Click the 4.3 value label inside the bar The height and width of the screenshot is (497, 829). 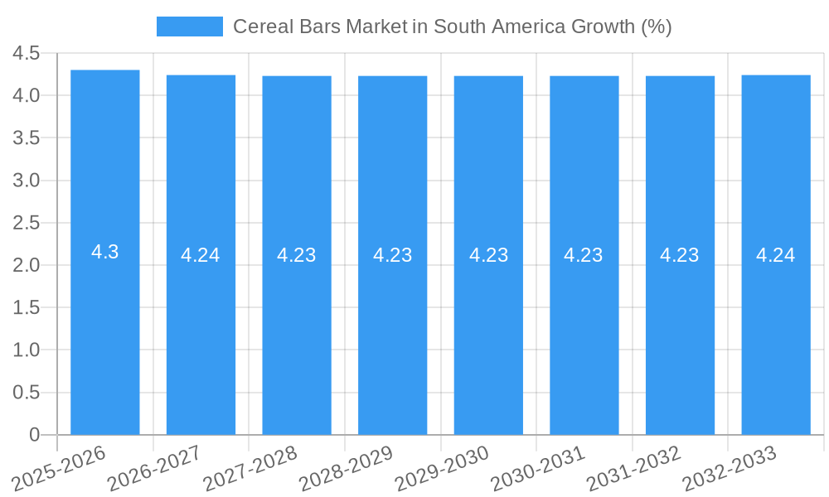105,253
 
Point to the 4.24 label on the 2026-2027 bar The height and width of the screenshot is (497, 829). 201,255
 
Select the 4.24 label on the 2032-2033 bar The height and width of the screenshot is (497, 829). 776,255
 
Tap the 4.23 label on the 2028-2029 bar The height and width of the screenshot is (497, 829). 393,255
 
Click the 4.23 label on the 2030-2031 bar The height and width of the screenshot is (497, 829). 584,255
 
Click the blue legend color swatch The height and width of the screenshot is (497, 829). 190,27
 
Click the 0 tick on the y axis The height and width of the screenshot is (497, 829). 34,435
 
